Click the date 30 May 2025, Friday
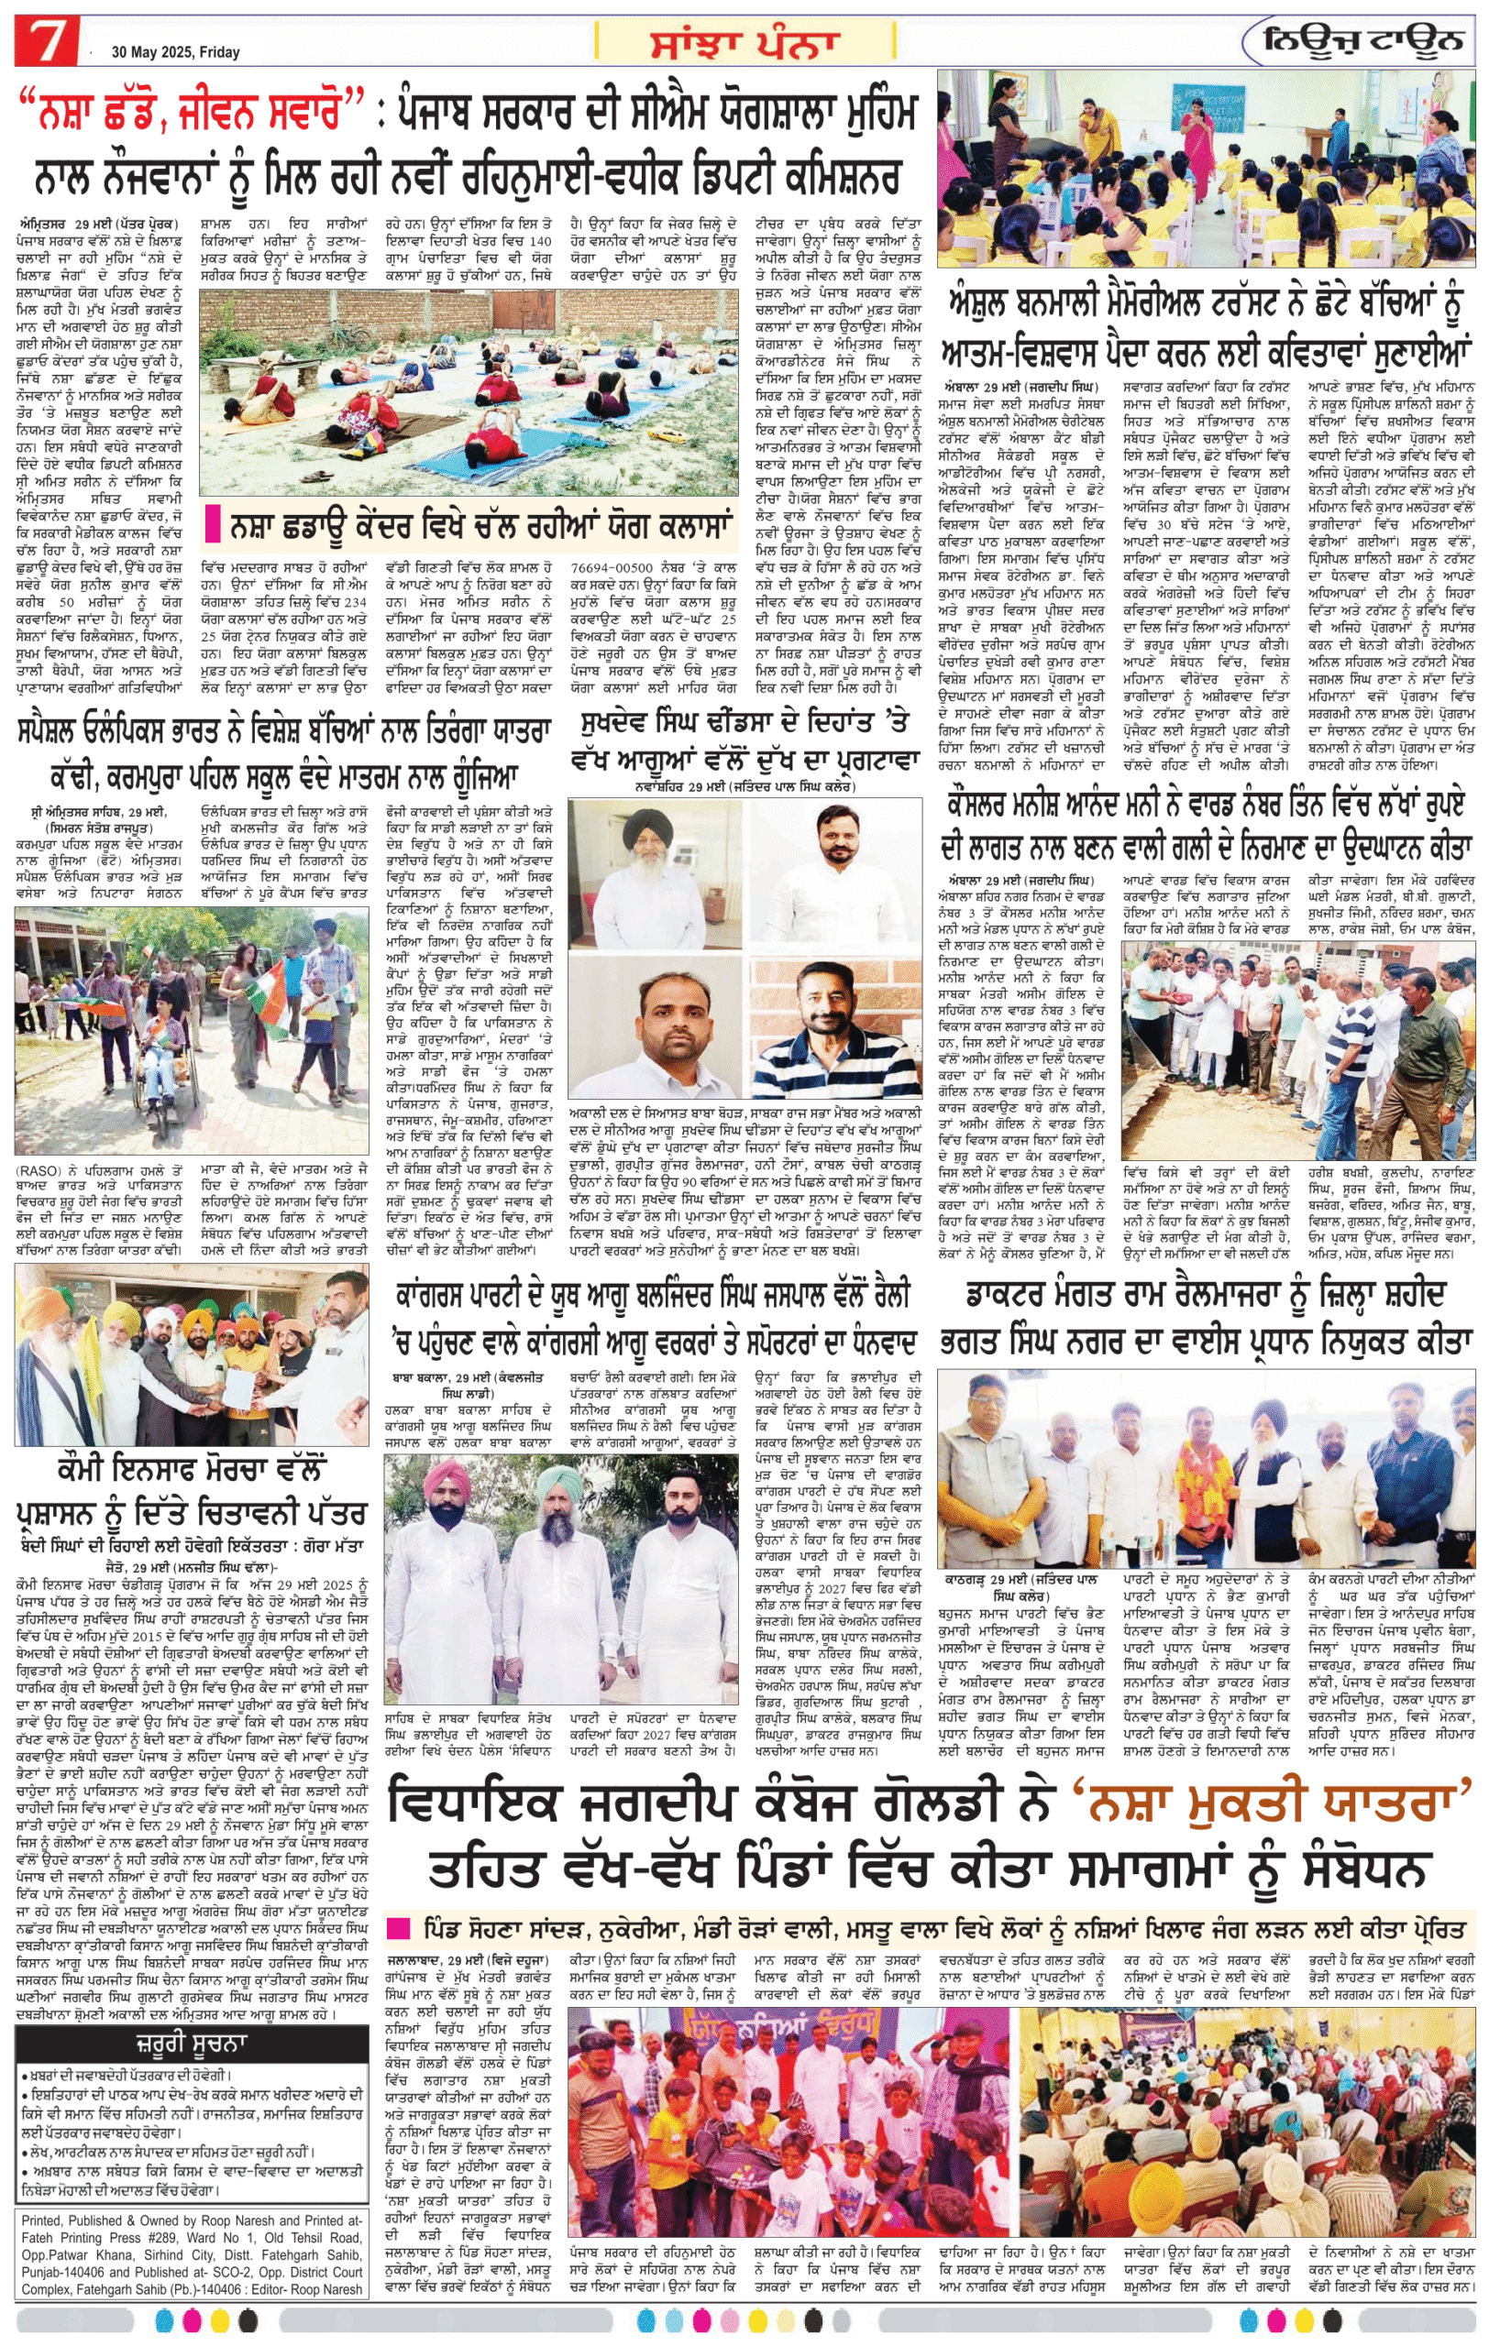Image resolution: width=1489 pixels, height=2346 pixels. [175, 51]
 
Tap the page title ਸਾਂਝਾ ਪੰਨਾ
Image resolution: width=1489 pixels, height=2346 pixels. [744, 43]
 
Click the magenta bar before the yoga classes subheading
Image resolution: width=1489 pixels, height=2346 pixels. [213, 526]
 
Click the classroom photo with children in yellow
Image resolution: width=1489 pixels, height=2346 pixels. [1206, 168]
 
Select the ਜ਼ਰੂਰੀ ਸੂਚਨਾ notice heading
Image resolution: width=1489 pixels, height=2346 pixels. [192, 2042]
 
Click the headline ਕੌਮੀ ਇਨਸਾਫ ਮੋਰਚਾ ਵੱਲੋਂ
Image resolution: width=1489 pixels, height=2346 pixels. [191, 1470]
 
